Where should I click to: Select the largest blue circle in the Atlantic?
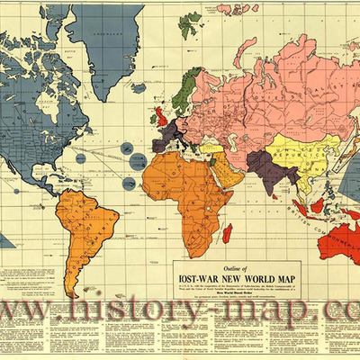138,161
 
